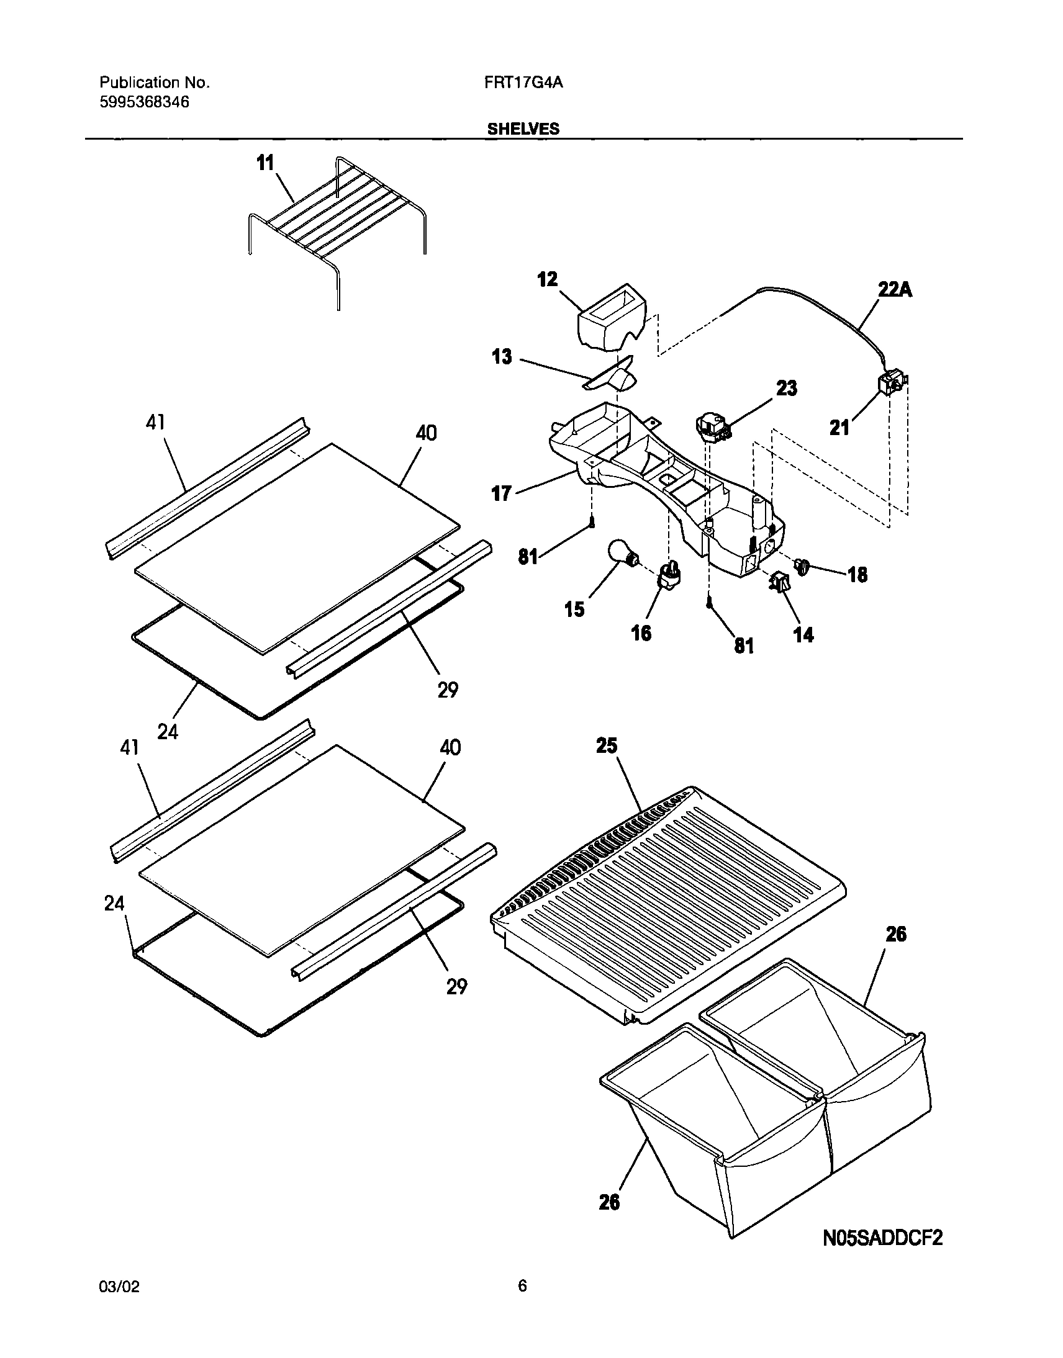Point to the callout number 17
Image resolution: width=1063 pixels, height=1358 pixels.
coord(502,493)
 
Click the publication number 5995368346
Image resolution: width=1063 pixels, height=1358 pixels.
coord(145,102)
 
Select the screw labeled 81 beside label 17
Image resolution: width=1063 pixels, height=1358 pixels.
coord(592,524)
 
